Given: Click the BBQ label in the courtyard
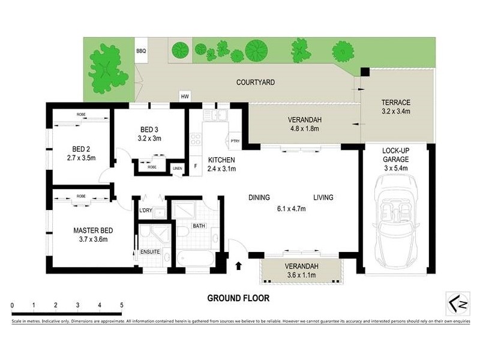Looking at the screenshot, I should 142,52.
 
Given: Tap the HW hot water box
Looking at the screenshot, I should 185,97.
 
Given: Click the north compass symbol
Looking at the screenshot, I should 458,302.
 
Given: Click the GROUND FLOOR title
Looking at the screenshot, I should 238,298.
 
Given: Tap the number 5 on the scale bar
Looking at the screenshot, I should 122,305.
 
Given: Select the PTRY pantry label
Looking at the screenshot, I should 235,142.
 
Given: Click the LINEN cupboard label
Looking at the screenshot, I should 177,168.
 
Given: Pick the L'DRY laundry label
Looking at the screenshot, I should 146,210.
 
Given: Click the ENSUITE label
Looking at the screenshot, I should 150,251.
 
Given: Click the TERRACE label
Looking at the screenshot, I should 395,102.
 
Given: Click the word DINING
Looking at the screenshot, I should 259,197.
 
